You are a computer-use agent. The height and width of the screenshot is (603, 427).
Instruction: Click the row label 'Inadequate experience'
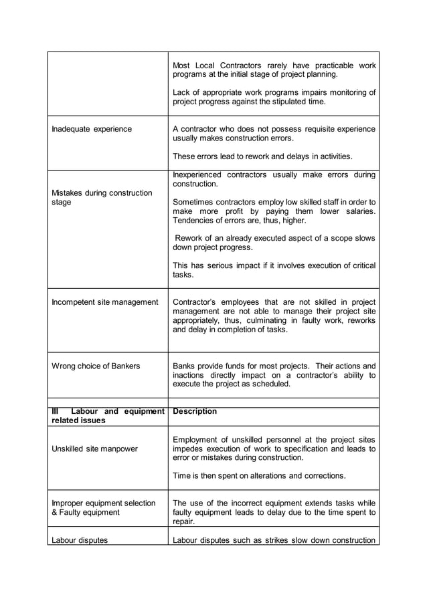(x=92, y=129)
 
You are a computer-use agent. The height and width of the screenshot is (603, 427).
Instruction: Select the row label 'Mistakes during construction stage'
(x=102, y=198)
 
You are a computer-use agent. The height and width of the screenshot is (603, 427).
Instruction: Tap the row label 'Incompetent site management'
(x=104, y=302)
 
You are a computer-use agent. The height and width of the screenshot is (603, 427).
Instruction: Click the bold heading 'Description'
(x=195, y=411)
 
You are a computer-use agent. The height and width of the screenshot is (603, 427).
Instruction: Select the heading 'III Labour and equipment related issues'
(x=107, y=416)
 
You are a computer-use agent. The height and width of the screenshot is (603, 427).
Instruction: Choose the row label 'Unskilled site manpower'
(x=96, y=449)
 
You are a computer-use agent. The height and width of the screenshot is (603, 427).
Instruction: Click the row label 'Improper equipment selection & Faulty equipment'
(x=103, y=507)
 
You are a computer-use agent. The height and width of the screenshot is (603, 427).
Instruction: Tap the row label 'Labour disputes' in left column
(x=80, y=539)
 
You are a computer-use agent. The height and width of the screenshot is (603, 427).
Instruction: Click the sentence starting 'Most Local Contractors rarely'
(x=274, y=70)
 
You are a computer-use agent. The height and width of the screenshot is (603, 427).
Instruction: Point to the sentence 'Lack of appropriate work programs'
(x=274, y=97)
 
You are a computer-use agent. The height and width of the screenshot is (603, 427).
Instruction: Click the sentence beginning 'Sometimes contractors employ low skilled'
(x=274, y=211)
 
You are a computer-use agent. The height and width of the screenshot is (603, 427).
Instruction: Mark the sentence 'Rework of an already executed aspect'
(x=274, y=243)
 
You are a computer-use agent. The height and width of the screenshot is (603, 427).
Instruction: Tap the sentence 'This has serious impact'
(x=274, y=270)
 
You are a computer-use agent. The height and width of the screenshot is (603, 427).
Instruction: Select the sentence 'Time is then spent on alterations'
(x=260, y=475)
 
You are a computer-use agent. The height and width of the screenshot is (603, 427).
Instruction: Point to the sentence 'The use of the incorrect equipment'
(x=274, y=512)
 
